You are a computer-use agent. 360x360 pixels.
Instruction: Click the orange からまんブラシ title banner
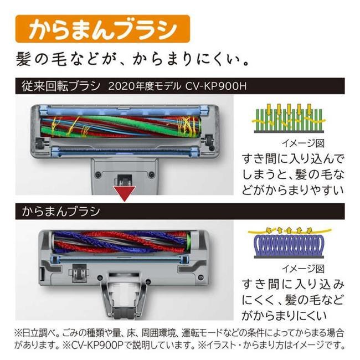(x=102, y=29)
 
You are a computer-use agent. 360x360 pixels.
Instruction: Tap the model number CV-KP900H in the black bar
(x=216, y=86)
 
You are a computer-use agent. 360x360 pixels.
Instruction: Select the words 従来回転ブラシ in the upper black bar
(x=61, y=86)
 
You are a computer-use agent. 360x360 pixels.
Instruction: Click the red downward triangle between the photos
(x=125, y=193)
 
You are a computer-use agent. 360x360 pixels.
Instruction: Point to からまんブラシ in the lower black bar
(x=61, y=211)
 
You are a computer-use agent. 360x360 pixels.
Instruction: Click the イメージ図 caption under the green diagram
(x=303, y=143)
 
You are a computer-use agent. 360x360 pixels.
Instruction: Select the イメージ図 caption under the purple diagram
(x=303, y=269)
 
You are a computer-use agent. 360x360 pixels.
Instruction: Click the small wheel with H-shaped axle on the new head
(x=79, y=272)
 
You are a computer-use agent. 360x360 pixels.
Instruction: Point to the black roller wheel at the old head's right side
(x=209, y=140)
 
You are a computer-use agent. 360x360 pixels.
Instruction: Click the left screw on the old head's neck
(x=98, y=174)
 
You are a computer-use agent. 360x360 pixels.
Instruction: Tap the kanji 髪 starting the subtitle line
(x=23, y=59)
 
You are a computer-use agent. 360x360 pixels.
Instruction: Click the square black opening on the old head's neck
(x=124, y=179)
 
